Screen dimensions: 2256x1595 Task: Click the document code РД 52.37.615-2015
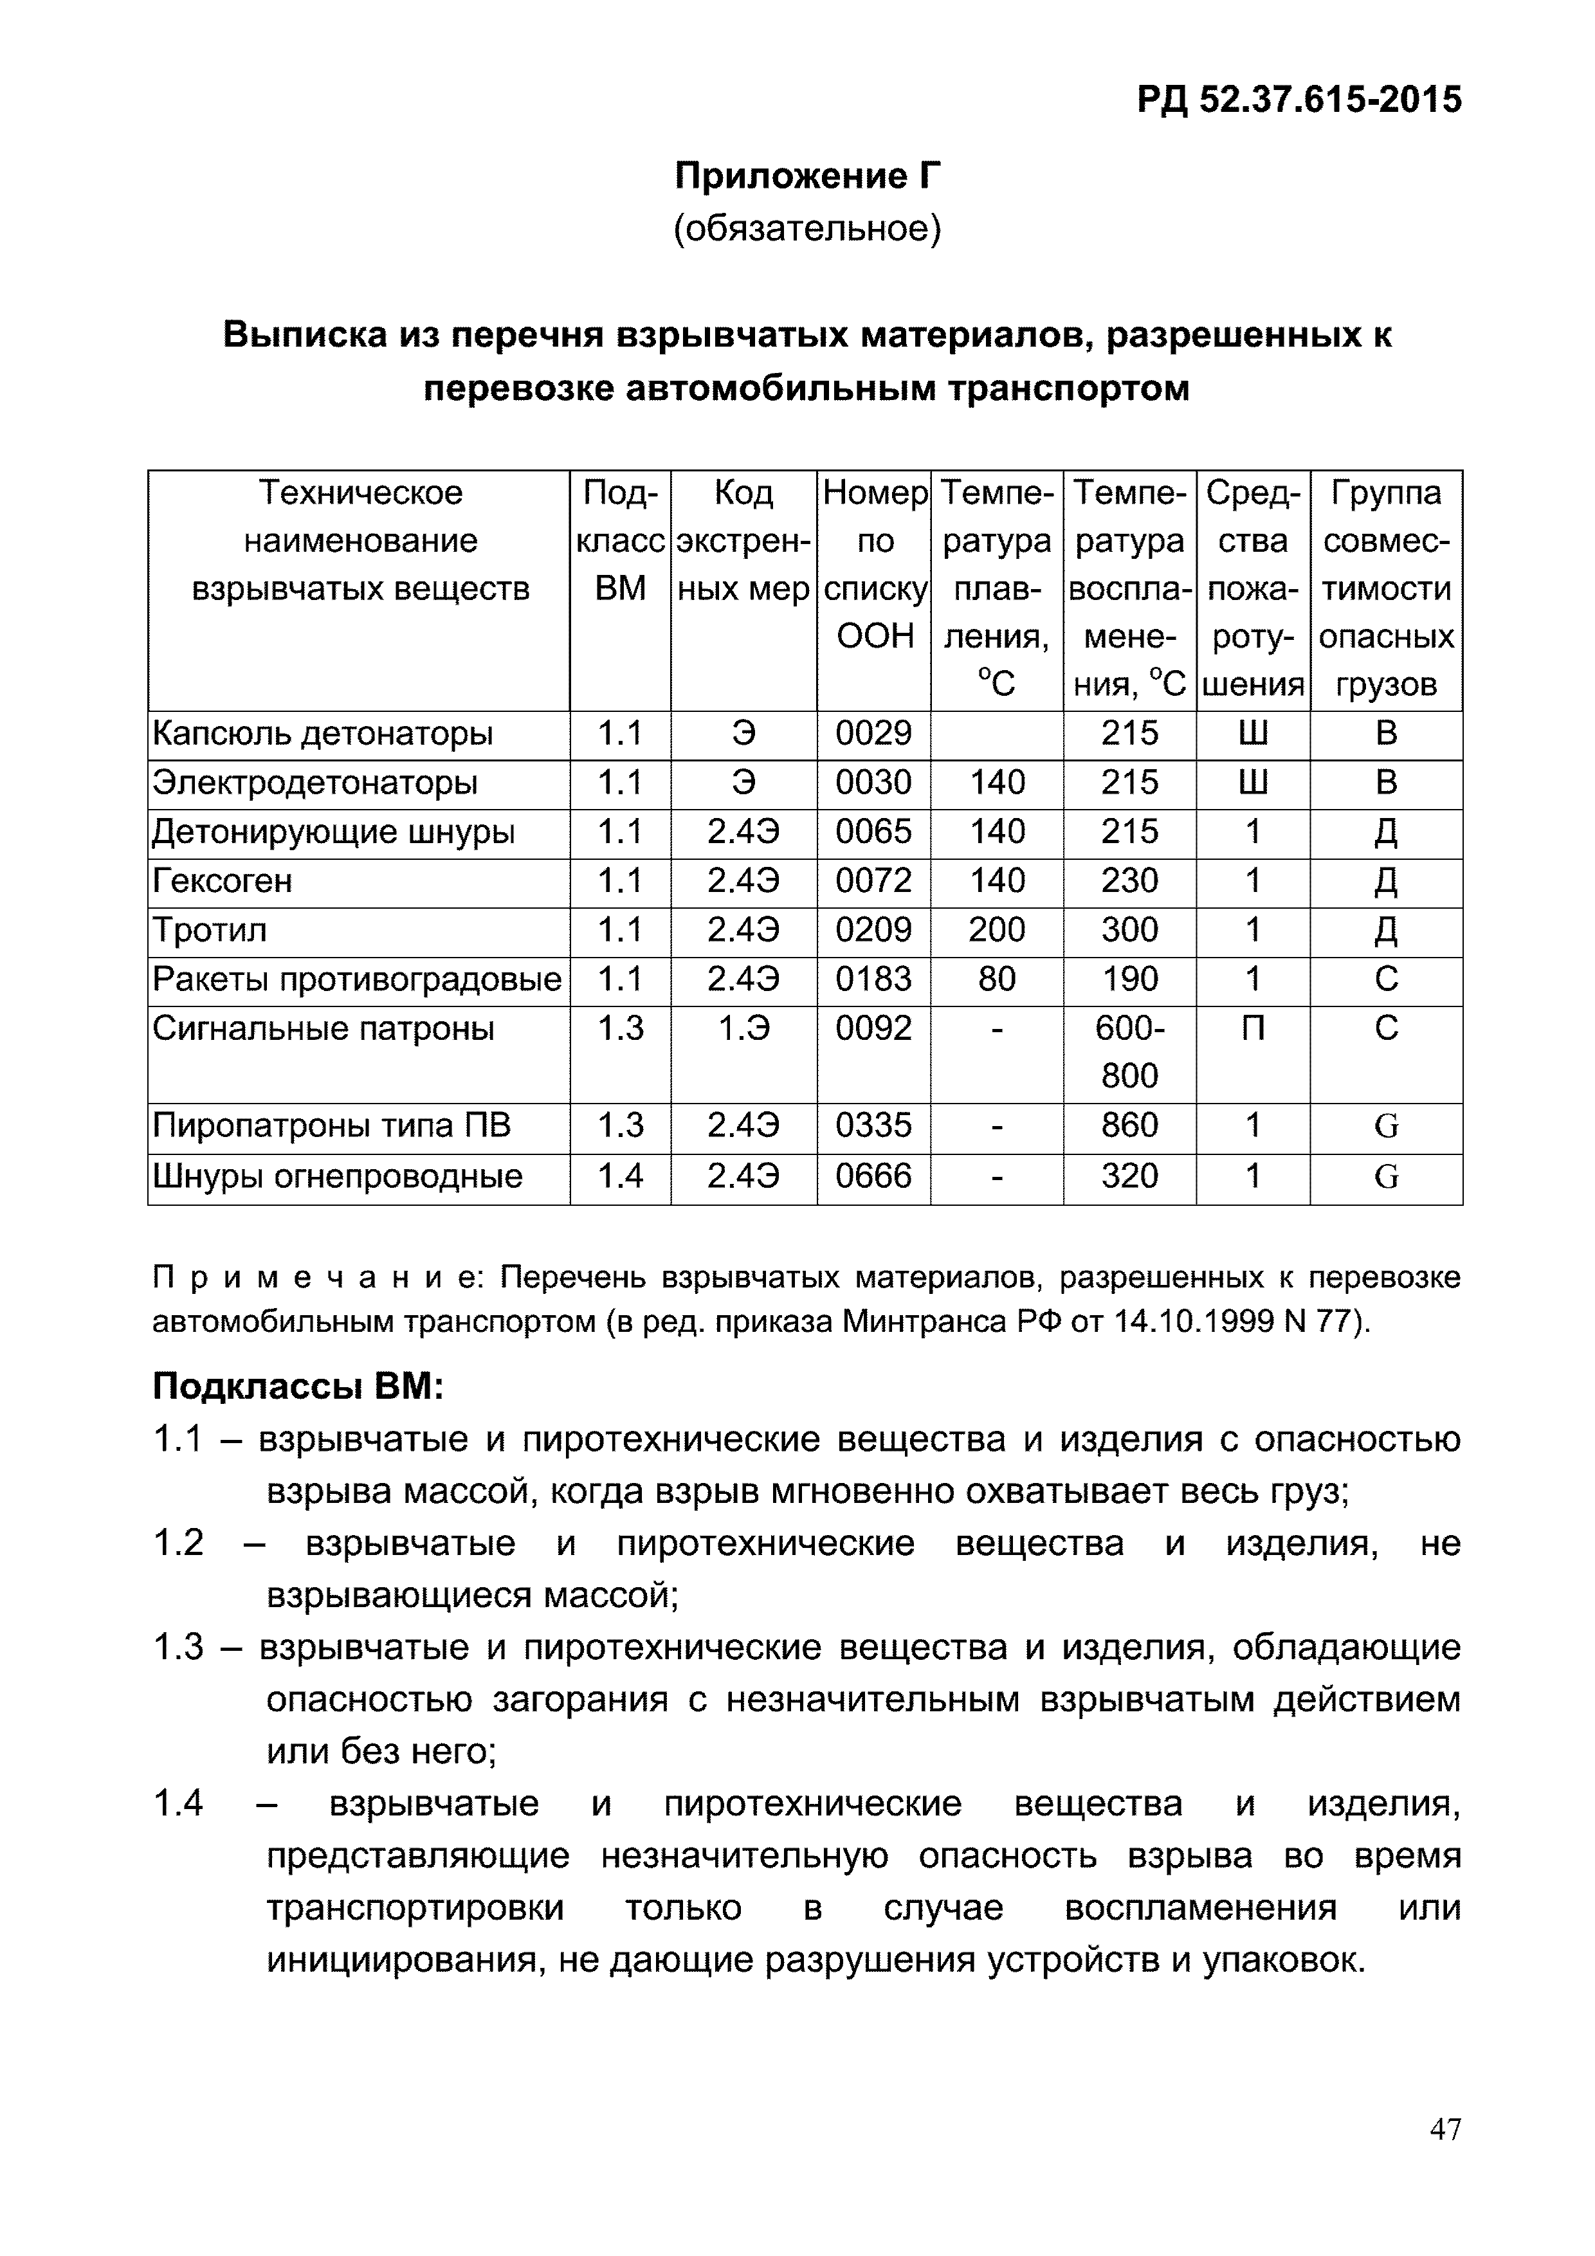(1299, 99)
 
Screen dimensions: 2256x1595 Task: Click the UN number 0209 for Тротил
(873, 929)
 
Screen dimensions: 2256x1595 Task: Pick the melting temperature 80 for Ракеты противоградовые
(996, 979)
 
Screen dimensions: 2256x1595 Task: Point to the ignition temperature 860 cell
(1129, 1125)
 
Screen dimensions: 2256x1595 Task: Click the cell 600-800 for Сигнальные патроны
(1129, 1051)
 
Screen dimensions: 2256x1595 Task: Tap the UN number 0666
(873, 1176)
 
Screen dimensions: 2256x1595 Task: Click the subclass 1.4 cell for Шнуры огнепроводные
(620, 1176)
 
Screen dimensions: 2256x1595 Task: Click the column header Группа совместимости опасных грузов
(1386, 588)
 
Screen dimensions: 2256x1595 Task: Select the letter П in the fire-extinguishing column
(1252, 1028)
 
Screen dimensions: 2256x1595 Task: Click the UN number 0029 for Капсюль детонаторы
(873, 733)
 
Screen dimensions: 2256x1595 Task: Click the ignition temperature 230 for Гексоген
(1129, 880)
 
